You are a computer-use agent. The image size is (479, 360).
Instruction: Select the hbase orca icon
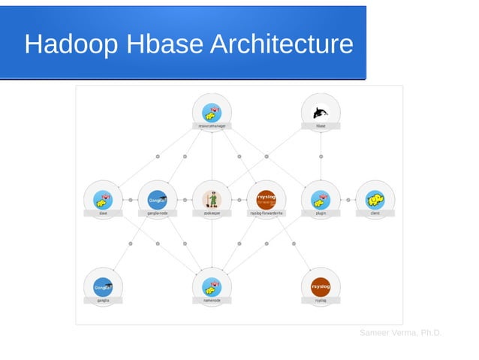pyautogui.click(x=321, y=112)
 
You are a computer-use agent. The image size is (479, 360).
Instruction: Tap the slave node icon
pyautogui.click(x=103, y=199)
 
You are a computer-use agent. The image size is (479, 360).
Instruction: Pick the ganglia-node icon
pyautogui.click(x=157, y=199)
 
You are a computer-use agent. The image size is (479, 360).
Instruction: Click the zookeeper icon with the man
pyautogui.click(x=212, y=199)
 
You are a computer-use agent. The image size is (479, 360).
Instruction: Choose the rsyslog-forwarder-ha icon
pyautogui.click(x=266, y=199)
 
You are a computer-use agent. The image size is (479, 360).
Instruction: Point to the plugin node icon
pyautogui.click(x=321, y=199)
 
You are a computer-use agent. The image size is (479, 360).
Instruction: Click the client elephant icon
pyautogui.click(x=375, y=199)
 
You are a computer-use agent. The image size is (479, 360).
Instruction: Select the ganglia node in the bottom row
pyautogui.click(x=103, y=286)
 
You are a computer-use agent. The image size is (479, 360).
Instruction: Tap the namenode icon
pyautogui.click(x=212, y=286)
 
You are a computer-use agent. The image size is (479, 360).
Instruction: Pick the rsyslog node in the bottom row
pyautogui.click(x=321, y=286)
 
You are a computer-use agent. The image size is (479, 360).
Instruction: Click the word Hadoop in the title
pyautogui.click(x=71, y=44)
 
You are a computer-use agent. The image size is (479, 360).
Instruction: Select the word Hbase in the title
pyautogui.click(x=164, y=44)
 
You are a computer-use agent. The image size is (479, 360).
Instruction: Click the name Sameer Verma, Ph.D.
pyautogui.click(x=400, y=332)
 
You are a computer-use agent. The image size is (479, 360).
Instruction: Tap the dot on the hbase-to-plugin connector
pyautogui.click(x=321, y=156)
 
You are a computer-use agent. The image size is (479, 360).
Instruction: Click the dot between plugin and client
pyautogui.click(x=348, y=200)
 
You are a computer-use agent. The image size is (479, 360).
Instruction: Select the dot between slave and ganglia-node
pyautogui.click(x=130, y=200)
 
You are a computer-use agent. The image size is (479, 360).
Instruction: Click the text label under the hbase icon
pyautogui.click(x=321, y=126)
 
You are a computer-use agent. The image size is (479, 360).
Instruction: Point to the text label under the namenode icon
pyautogui.click(x=212, y=301)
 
